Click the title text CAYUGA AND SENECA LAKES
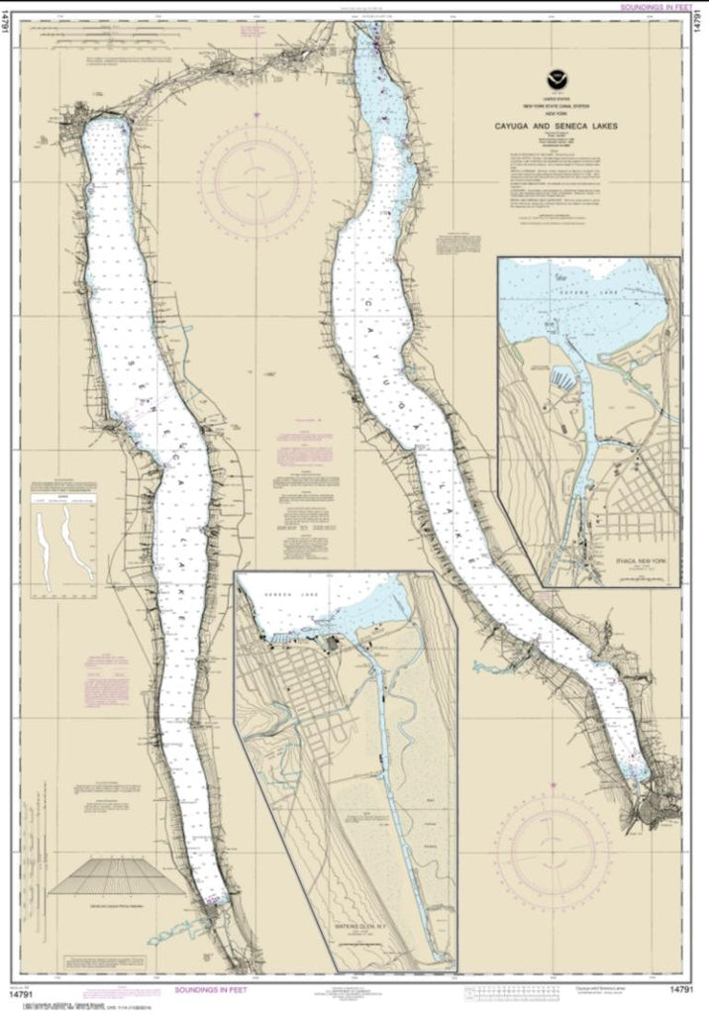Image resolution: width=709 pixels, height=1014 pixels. click(x=553, y=127)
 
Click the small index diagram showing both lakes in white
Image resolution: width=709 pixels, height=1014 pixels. click(x=63, y=548)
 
